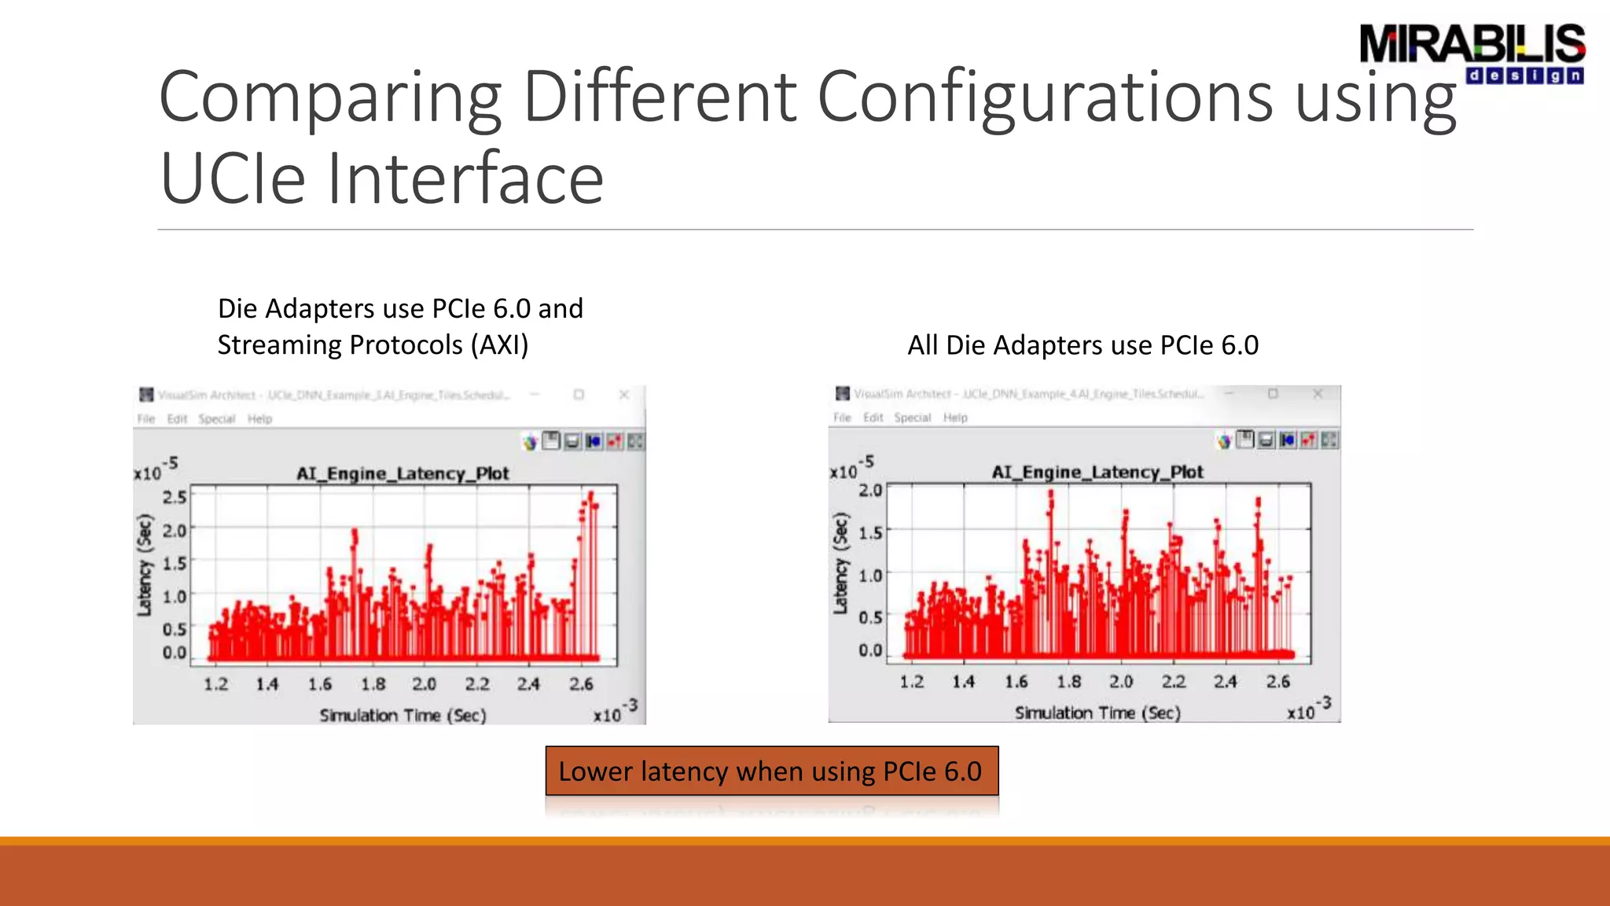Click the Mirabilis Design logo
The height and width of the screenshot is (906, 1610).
(x=1472, y=53)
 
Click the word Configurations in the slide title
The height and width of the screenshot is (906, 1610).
(x=1045, y=98)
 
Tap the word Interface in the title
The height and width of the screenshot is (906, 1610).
(x=465, y=179)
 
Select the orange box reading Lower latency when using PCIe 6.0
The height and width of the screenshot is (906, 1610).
(x=771, y=771)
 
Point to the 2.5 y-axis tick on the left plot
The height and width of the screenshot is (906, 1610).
(x=174, y=497)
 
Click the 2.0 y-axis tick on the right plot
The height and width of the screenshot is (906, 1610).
(x=870, y=490)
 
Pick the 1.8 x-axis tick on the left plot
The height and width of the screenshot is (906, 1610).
(x=373, y=684)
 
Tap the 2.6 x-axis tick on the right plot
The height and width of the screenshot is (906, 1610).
(x=1277, y=682)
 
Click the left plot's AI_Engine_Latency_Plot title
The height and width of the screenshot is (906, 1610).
(x=402, y=473)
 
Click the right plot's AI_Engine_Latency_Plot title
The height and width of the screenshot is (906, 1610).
(x=1097, y=472)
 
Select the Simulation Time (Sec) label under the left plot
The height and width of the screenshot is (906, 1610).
(x=402, y=715)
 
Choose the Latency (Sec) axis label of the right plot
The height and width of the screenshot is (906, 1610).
(x=841, y=563)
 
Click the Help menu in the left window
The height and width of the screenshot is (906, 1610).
(x=259, y=419)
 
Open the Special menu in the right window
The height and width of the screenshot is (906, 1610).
(x=912, y=418)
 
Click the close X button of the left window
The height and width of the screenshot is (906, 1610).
(x=624, y=395)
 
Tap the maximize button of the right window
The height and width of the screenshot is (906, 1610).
(x=1273, y=393)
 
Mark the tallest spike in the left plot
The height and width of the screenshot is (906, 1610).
(x=590, y=495)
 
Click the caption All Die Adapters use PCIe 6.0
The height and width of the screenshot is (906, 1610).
(x=1083, y=345)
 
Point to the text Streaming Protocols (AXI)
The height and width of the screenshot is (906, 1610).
(x=373, y=345)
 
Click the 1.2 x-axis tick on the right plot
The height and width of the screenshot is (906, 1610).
(x=911, y=682)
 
